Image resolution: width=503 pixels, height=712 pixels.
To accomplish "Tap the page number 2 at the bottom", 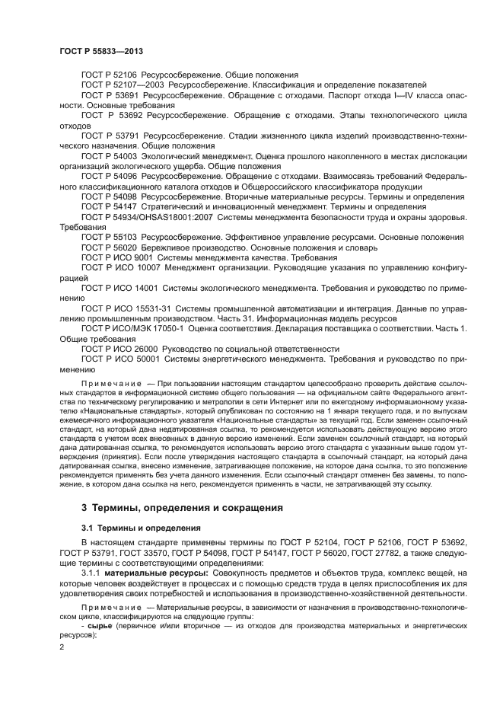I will (x=62, y=647).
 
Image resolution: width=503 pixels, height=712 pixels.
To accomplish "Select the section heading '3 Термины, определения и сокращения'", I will (x=171, y=507).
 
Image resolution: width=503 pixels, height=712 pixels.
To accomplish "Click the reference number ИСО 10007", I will (x=138, y=268).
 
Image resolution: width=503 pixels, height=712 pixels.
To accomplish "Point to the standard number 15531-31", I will (x=152, y=308).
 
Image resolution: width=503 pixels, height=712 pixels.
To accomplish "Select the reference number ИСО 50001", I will (x=138, y=358).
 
